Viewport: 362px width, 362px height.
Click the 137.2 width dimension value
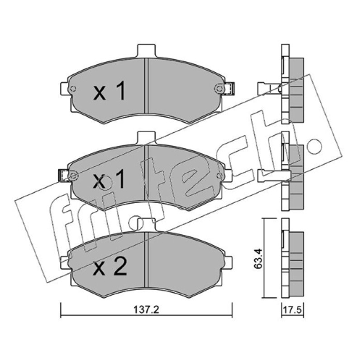pyautogui.click(x=146, y=310)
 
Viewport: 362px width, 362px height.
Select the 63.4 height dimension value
pyautogui.click(x=258, y=258)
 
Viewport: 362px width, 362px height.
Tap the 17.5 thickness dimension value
pyautogui.click(x=292, y=310)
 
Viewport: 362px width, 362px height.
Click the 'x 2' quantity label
pyautogui.click(x=110, y=267)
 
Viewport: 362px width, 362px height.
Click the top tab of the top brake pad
pyautogui.click(x=146, y=51)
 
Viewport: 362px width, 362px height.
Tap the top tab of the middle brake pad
pyautogui.click(x=146, y=138)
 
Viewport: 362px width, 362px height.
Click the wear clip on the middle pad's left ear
pyautogui.click(x=63, y=176)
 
